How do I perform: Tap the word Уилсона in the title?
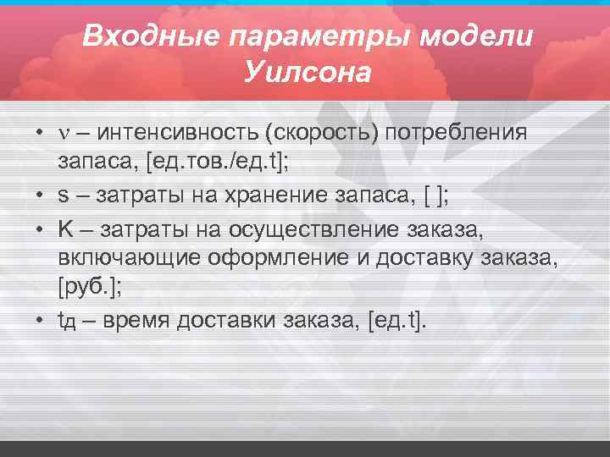(308, 73)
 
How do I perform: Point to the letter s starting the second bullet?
(64, 195)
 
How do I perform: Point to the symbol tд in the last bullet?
(67, 322)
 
